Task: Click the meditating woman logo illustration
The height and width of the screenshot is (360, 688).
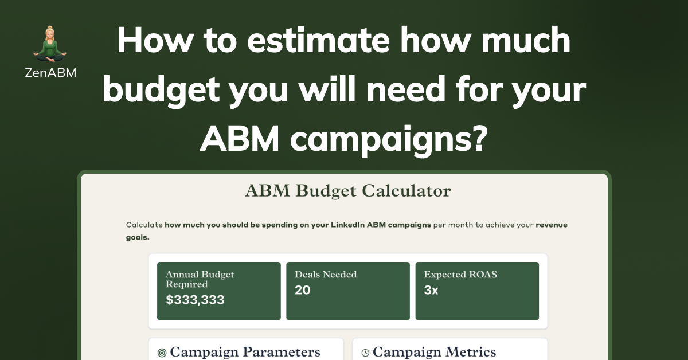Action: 50,44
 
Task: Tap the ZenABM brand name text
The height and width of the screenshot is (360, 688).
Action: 50,73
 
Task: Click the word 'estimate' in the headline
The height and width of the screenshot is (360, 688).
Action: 318,40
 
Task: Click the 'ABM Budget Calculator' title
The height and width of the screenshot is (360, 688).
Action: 348,191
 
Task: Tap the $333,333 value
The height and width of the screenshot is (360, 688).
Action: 195,300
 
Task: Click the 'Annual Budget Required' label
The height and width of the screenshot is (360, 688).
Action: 200,279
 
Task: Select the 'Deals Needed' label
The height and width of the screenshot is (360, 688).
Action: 326,275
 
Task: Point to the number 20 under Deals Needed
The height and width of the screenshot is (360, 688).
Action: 303,290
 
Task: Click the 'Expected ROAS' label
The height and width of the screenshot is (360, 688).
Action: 460,275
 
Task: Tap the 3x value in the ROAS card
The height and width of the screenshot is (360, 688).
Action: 431,290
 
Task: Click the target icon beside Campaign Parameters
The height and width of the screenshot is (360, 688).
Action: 162,353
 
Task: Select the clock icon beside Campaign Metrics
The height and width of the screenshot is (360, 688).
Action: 365,353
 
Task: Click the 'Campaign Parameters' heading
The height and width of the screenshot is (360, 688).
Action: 245,352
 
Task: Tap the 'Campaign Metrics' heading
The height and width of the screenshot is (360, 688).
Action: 435,352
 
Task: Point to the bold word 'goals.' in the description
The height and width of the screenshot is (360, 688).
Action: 138,237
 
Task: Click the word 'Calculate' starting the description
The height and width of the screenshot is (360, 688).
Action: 144,225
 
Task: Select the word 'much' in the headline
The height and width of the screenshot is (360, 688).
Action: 526,40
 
